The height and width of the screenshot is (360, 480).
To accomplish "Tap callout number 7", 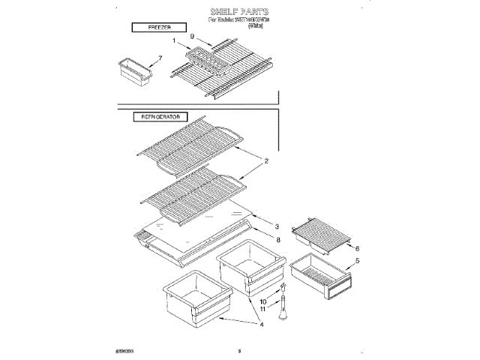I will click(x=160, y=58).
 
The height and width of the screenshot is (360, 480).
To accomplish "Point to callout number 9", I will click(x=192, y=37).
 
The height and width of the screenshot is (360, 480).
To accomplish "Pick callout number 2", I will click(x=265, y=160).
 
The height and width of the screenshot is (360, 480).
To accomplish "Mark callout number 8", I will click(x=277, y=239).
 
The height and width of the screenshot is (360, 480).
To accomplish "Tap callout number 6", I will click(x=357, y=248).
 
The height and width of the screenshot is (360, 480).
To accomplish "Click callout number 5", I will click(x=357, y=261).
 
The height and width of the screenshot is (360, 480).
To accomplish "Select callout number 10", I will click(x=263, y=301).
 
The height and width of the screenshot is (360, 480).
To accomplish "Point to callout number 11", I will click(x=263, y=310).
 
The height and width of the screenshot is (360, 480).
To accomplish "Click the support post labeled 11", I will click(x=283, y=307).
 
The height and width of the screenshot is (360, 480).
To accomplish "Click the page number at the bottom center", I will click(x=238, y=349).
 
